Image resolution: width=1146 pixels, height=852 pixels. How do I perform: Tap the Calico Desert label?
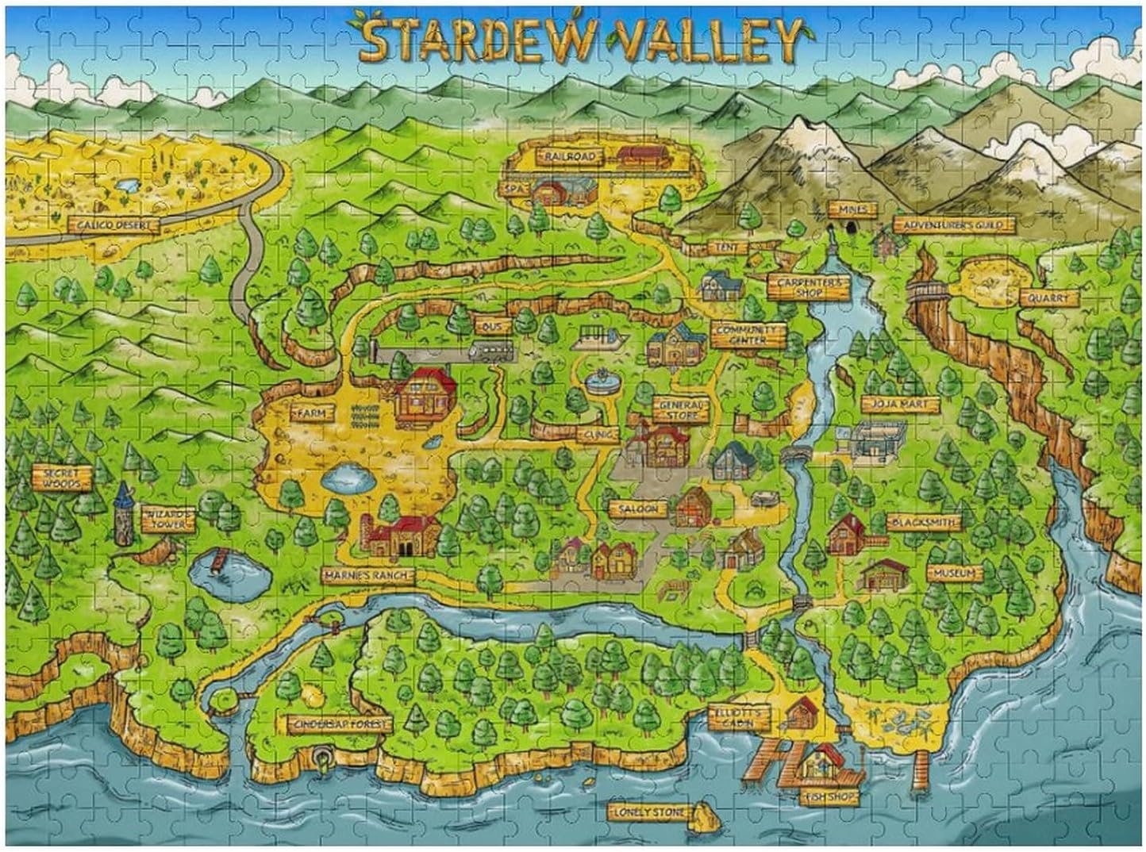113,225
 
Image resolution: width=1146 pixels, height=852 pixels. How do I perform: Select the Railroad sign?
568,157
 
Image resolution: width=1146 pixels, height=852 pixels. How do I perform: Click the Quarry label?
1048,298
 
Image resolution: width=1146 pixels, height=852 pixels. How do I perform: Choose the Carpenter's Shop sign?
807,286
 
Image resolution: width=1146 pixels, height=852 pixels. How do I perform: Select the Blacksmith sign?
923,523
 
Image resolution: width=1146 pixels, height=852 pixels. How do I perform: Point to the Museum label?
953,573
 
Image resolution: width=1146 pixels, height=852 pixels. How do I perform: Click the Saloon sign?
637,509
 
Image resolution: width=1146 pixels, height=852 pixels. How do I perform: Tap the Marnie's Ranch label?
367,574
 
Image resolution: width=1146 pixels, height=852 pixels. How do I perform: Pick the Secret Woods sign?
61,478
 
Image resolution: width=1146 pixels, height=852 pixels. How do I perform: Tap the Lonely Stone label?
648,812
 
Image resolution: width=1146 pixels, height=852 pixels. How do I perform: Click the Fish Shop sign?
827,796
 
